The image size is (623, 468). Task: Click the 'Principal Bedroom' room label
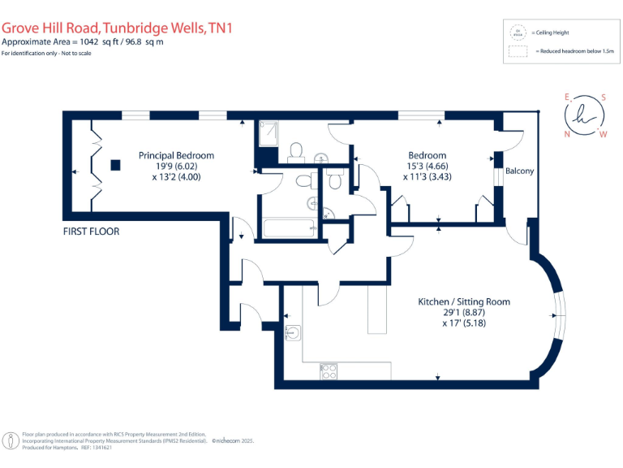point(176,155)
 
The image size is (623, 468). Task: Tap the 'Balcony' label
point(519,171)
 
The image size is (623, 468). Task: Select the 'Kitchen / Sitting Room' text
point(463,301)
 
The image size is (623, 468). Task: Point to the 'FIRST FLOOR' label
point(91,232)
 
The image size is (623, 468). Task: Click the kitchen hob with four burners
point(329,371)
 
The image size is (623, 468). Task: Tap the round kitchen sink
point(292,331)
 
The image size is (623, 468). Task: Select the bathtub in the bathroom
point(289,228)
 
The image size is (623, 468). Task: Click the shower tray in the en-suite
point(268,132)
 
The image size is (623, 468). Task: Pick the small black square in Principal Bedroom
point(116,165)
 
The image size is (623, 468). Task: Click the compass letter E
point(566,96)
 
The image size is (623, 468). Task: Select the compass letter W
point(602,134)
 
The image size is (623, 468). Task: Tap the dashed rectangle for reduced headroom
point(517,51)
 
